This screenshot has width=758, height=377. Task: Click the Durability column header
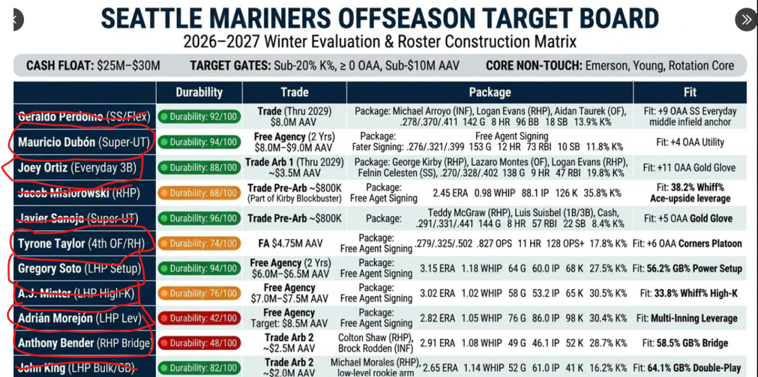[199, 92]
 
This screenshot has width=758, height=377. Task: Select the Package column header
[490, 92]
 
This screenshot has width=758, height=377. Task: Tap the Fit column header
[690, 92]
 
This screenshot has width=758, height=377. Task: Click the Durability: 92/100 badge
[200, 116]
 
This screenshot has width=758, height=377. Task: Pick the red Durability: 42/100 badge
[200, 318]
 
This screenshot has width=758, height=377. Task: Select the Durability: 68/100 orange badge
[200, 193]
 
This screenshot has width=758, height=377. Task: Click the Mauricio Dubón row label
[83, 142]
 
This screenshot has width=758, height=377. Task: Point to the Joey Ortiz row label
[77, 168]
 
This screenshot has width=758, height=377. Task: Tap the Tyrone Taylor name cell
[81, 244]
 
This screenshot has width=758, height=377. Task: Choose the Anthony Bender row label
[84, 343]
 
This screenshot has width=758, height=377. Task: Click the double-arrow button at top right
[745, 20]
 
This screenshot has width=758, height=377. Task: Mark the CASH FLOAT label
[60, 66]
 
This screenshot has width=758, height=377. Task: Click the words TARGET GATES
[230, 66]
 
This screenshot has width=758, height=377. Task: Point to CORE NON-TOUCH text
[534, 66]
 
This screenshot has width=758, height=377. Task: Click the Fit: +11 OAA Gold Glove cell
[689, 168]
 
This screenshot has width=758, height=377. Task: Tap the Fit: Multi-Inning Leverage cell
[687, 318]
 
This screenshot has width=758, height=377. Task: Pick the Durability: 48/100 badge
[200, 343]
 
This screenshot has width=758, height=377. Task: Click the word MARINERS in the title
[270, 18]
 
